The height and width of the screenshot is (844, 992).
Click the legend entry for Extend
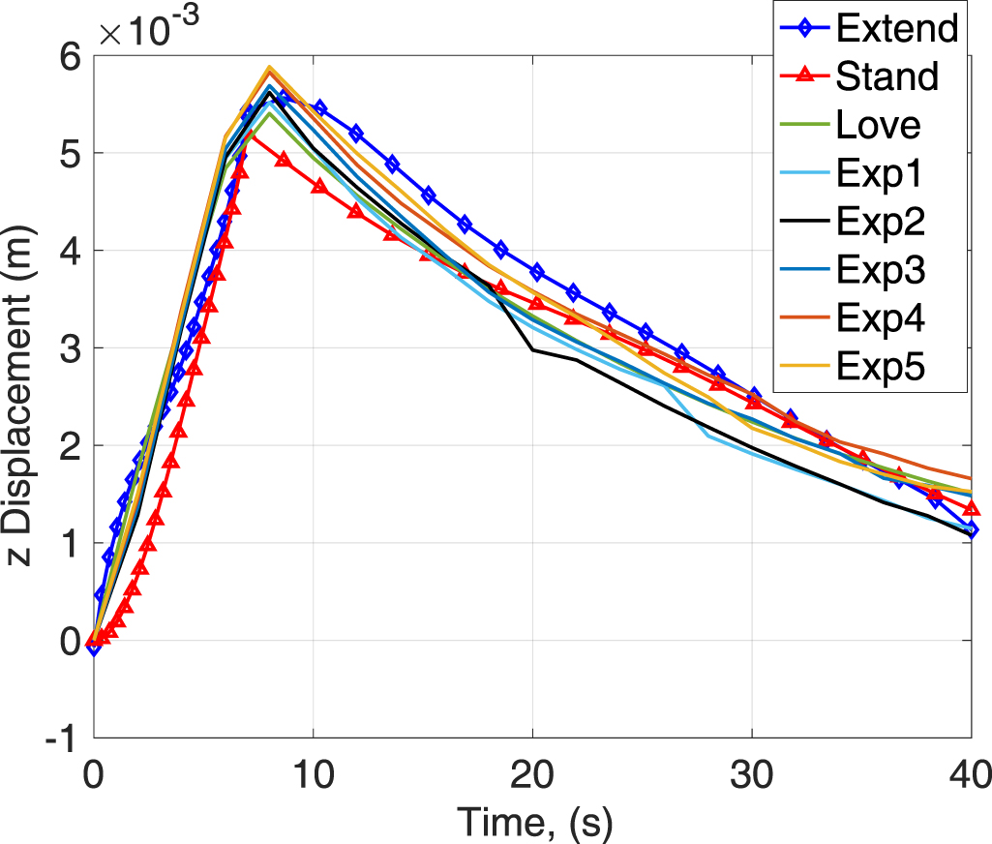click(x=896, y=28)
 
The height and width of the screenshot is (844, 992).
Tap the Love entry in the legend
click(x=879, y=125)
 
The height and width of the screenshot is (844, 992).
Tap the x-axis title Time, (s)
click(x=532, y=822)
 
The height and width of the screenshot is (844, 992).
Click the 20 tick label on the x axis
click(x=532, y=774)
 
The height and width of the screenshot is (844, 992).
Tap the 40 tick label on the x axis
click(x=970, y=774)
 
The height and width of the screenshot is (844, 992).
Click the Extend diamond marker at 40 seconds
click(x=971, y=529)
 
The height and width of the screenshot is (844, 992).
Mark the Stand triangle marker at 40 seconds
click(x=971, y=509)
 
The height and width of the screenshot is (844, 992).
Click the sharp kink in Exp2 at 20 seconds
click(x=532, y=349)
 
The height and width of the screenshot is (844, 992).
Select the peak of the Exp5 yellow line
click(x=269, y=68)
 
